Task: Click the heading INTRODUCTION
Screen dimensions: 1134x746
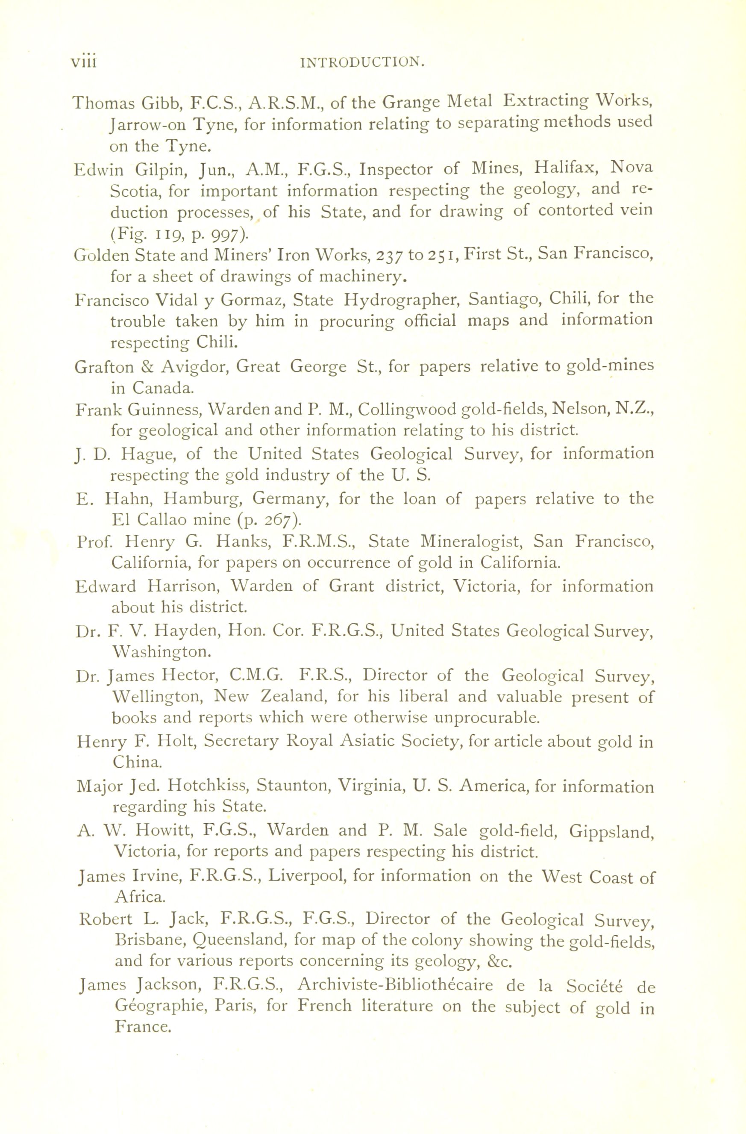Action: tap(364, 62)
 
